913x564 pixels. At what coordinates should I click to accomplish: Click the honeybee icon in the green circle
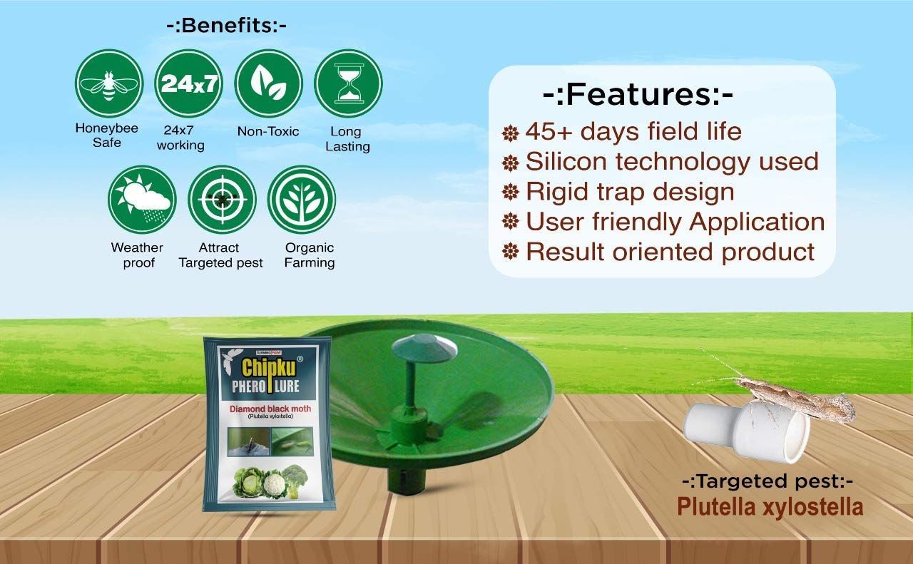tap(109, 83)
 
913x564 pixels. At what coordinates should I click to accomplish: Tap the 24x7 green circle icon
tap(189, 83)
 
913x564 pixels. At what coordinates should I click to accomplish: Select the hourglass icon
tap(349, 83)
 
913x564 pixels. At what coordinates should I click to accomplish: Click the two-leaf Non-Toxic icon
tap(269, 83)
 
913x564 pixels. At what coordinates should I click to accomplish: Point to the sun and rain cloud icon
tap(142, 200)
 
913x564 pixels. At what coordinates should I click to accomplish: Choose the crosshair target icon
tap(222, 200)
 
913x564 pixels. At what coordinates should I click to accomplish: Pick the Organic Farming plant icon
tap(302, 200)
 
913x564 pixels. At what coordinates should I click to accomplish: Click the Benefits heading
tap(227, 26)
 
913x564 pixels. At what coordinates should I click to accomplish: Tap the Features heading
tap(638, 94)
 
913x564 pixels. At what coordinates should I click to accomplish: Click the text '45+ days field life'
tap(633, 132)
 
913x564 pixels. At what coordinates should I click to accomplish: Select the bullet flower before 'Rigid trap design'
tap(510, 192)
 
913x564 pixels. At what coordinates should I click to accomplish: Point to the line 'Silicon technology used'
tap(672, 162)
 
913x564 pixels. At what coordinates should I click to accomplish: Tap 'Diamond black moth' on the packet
tap(270, 409)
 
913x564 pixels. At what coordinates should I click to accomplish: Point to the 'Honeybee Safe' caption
tap(107, 135)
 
